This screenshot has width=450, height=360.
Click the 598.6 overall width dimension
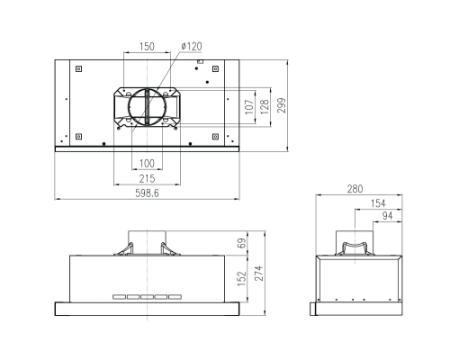pyautogui.click(x=147, y=193)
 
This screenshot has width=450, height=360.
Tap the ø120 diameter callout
pyautogui.click(x=192, y=46)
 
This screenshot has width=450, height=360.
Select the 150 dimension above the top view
pyautogui.click(x=147, y=46)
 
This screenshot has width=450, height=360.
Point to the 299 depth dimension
pyautogui.click(x=282, y=105)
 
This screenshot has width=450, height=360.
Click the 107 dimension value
pyautogui.click(x=249, y=107)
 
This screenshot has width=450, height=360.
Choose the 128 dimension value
pyautogui.click(x=265, y=107)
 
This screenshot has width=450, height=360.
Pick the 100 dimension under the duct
pyautogui.click(x=147, y=163)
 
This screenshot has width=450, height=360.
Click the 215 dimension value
pyautogui.click(x=147, y=179)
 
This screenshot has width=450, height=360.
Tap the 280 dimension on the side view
pyautogui.click(x=355, y=189)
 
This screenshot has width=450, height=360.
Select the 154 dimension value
pyautogui.click(x=378, y=203)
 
